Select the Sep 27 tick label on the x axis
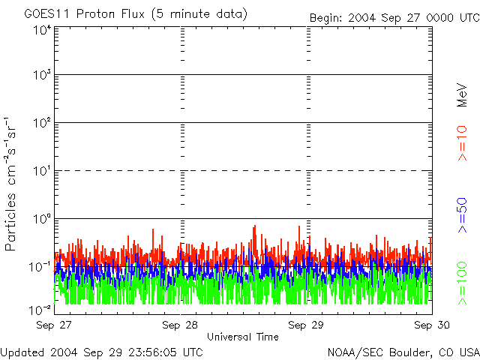pos(55,325)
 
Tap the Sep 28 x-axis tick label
pos(180,325)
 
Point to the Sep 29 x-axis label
pos(306,325)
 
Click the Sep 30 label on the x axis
pos(432,325)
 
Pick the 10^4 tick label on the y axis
pos(41,31)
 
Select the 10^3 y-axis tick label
pos(41,76)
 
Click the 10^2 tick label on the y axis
pos(41,124)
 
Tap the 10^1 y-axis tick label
pos(41,172)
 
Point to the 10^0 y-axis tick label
pos(41,219)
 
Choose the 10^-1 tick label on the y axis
pos(40,267)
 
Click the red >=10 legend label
pos(462,143)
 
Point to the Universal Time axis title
pos(243,337)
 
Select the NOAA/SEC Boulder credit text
pos(403,352)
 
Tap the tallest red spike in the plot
pos(256,226)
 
